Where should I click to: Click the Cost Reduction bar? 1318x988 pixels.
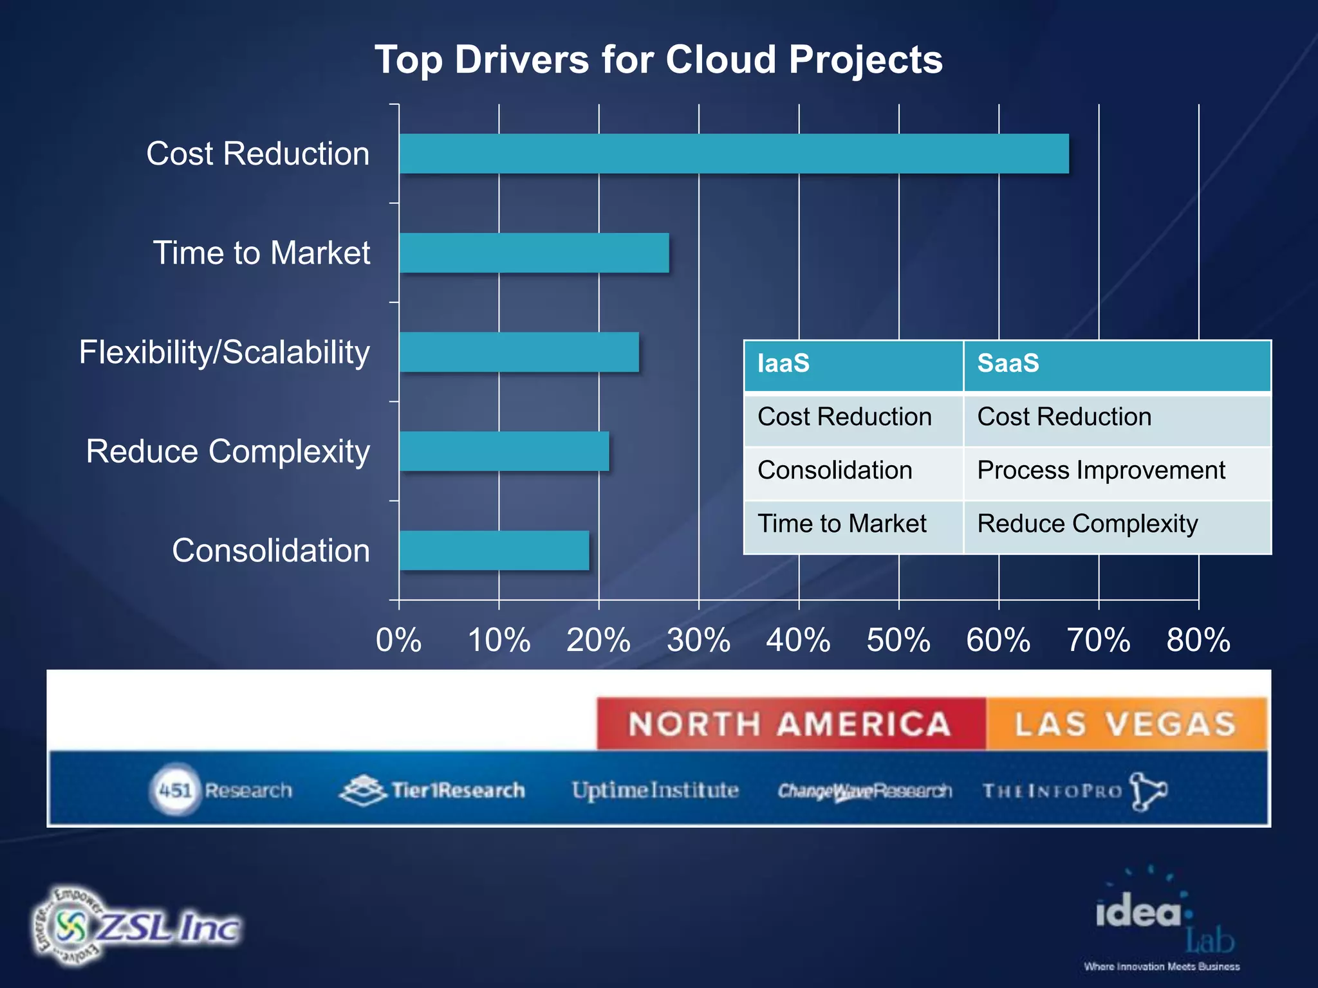734,154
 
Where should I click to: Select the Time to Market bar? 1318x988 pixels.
534,253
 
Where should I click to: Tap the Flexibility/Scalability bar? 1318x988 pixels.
519,352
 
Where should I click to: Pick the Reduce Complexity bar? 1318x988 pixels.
504,451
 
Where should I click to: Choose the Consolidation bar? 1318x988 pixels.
494,550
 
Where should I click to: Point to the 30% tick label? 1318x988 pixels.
698,641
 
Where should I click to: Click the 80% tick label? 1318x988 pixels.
1198,641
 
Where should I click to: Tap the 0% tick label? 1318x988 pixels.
398,641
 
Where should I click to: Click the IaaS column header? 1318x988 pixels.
853,365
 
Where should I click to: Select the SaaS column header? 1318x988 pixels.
1117,365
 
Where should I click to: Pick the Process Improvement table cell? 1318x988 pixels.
1101,471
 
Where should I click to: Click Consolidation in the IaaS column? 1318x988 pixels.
835,471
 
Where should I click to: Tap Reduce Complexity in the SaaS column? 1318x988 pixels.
1088,524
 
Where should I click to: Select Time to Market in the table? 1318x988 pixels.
842,524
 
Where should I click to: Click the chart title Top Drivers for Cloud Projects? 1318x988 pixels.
658,60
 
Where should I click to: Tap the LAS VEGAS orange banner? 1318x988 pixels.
1126,724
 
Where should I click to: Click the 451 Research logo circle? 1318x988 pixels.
174,790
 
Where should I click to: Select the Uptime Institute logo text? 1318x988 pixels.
655,790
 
